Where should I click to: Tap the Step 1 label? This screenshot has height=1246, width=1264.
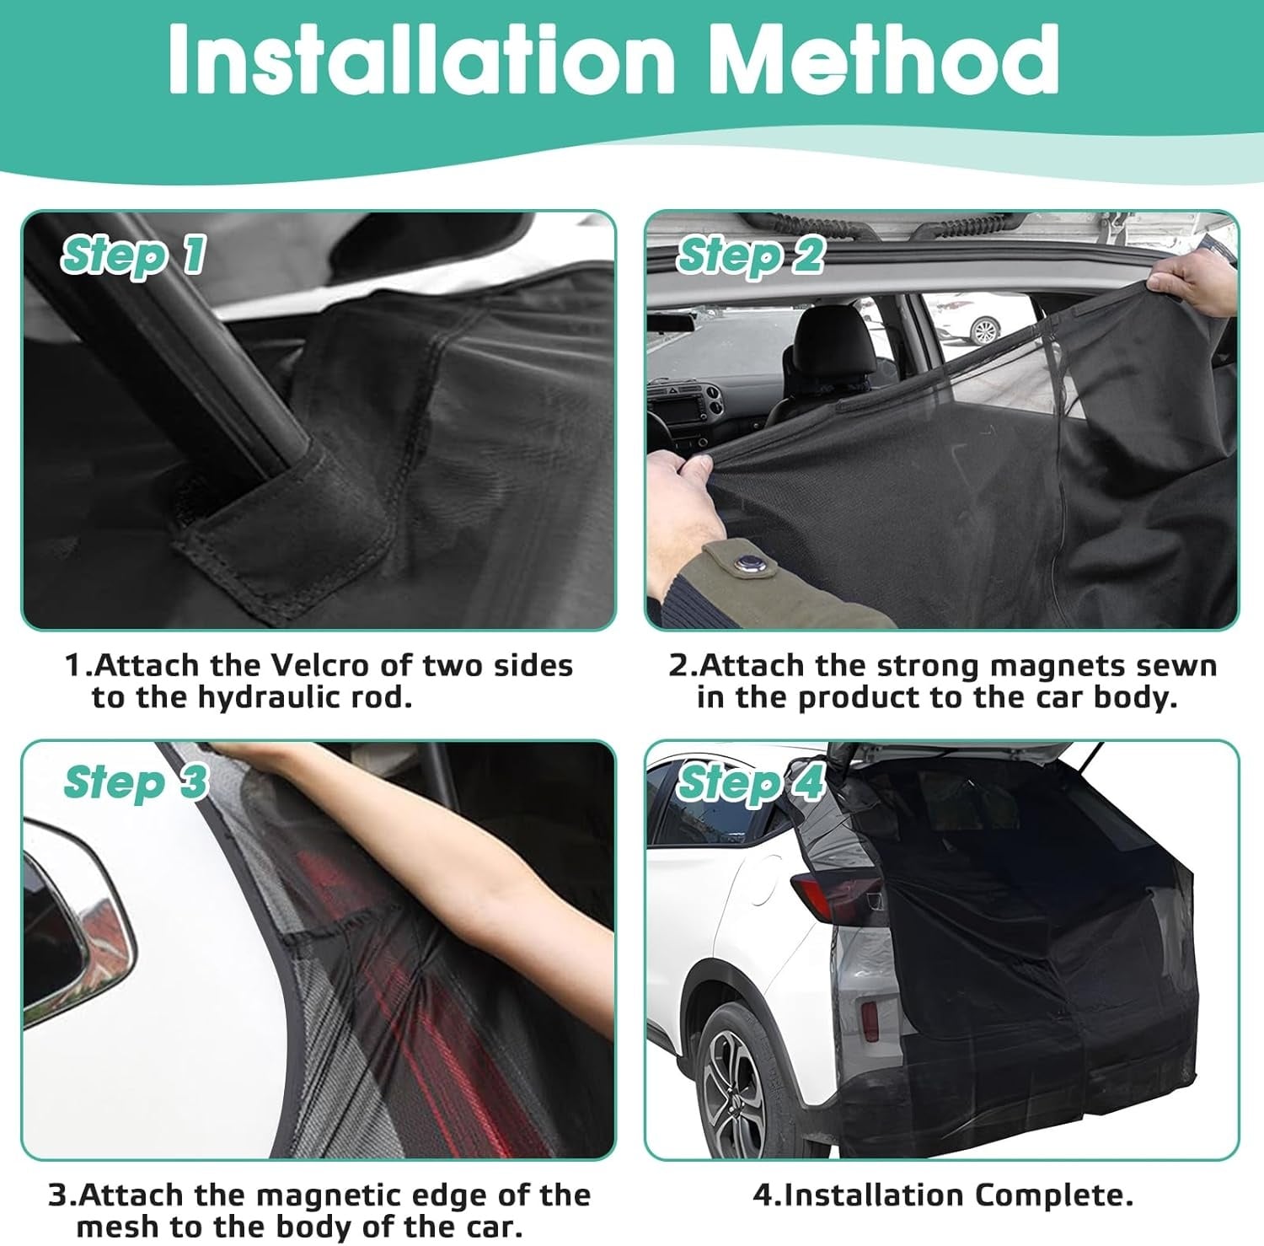click(x=134, y=255)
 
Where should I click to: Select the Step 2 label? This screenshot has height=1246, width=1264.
click(x=751, y=255)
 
